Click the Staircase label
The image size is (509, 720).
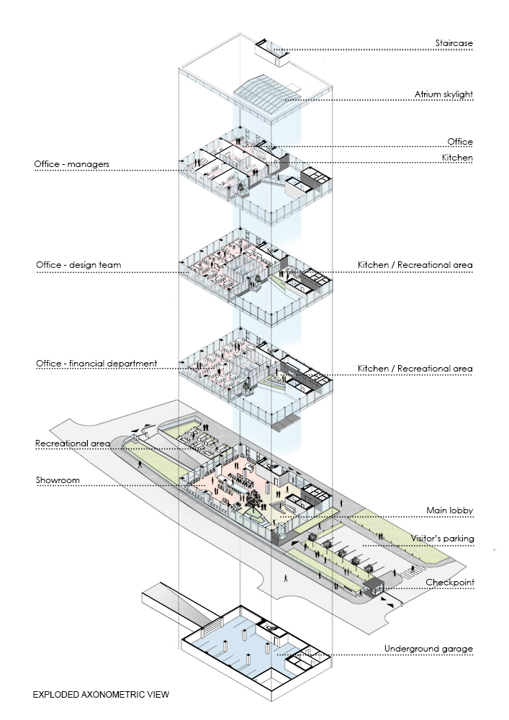pyautogui.click(x=454, y=43)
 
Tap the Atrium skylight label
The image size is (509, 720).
pyautogui.click(x=443, y=94)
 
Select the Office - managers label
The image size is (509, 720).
pyautogui.click(x=71, y=164)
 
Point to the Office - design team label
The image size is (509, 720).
pyautogui.click(x=78, y=265)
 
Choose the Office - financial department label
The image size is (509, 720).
pyautogui.click(x=96, y=364)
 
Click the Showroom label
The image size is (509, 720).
pyautogui.click(x=58, y=480)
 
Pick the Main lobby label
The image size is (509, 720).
pyautogui.click(x=450, y=510)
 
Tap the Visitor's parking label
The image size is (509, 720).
pyautogui.click(x=443, y=539)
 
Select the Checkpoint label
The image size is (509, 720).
pyautogui.click(x=450, y=582)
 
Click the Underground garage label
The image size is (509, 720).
pyautogui.click(x=428, y=649)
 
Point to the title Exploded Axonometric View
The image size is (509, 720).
pyautogui.click(x=101, y=695)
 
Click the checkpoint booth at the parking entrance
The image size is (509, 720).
pyautogui.click(x=374, y=588)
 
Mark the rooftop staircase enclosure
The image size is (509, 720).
pyautogui.click(x=273, y=52)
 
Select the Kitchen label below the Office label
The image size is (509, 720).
pyautogui.click(x=457, y=158)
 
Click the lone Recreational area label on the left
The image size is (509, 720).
pyautogui.click(x=73, y=444)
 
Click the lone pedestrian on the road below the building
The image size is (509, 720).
pyautogui.click(x=286, y=578)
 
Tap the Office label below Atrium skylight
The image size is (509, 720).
pyautogui.click(x=460, y=142)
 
